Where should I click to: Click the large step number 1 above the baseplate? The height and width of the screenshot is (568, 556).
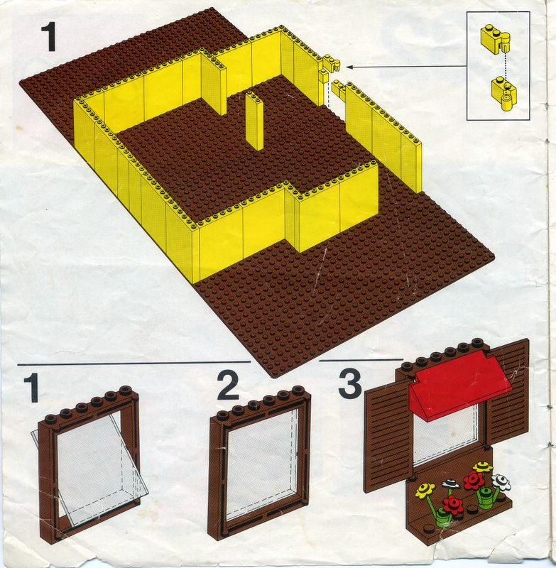point(48,37)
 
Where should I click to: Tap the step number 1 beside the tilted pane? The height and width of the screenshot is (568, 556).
point(31,388)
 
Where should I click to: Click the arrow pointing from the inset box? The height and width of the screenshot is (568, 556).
point(406,66)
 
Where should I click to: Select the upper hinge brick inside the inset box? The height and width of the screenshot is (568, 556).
point(495,40)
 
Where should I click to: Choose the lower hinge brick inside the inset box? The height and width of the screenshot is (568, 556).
point(504,94)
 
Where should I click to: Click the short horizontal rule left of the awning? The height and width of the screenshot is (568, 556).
point(361,360)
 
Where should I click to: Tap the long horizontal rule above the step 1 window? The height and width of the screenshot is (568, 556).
point(134,362)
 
